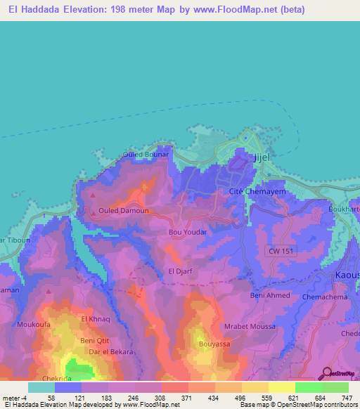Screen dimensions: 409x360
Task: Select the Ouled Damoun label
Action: [x=123, y=210]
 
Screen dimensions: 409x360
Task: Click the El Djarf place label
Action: [x=180, y=270]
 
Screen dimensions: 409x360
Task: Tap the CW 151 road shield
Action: [x=281, y=251]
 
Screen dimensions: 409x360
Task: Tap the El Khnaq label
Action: [x=96, y=319]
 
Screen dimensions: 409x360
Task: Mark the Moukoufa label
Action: [x=30, y=325]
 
